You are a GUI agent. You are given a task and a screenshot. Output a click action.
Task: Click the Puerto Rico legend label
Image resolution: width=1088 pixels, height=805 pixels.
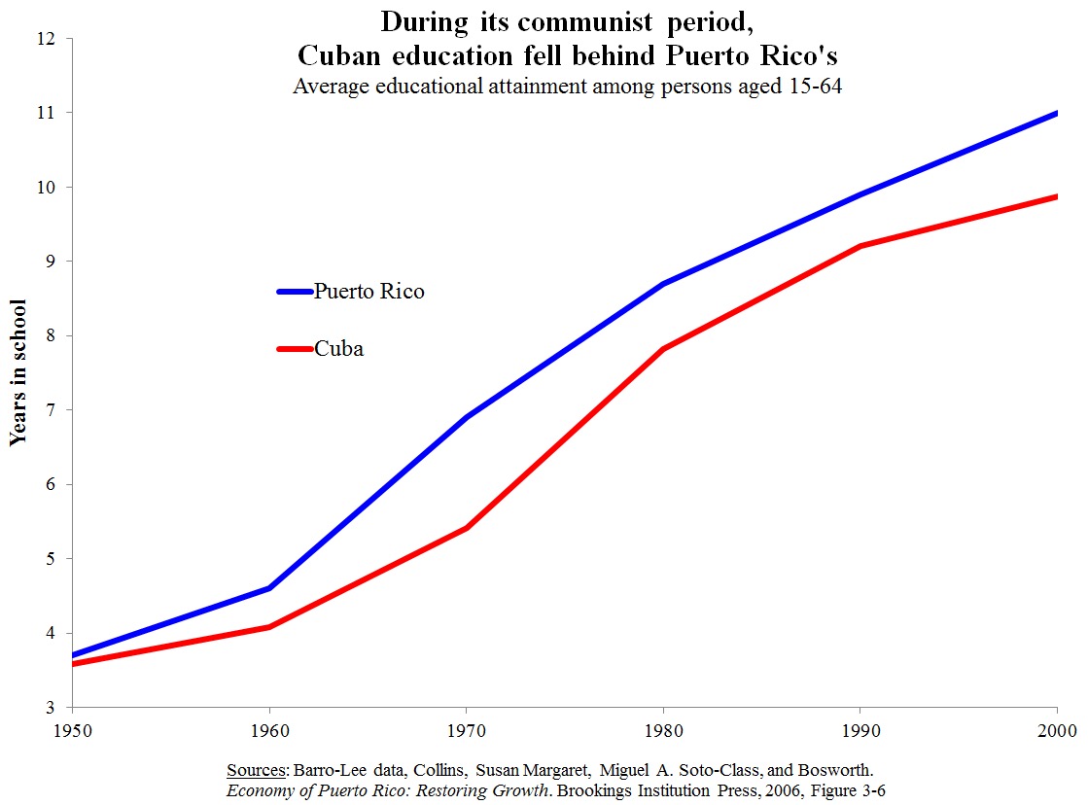point(369,291)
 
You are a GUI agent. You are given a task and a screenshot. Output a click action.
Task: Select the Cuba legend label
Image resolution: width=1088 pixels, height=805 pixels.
point(338,348)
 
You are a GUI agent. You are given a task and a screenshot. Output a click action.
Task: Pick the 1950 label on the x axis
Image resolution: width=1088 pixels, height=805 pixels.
point(72,729)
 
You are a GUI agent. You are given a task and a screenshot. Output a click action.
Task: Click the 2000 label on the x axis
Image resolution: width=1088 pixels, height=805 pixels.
point(1056,729)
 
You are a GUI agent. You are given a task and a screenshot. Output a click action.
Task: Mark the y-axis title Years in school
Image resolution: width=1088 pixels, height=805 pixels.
point(18,371)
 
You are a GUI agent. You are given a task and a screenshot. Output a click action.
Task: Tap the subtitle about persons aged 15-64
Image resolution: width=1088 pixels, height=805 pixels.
point(567,85)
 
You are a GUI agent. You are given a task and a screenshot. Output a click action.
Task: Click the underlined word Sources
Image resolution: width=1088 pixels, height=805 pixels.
point(256,769)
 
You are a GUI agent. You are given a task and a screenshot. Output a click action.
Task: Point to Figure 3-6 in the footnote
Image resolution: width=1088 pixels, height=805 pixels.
point(843,789)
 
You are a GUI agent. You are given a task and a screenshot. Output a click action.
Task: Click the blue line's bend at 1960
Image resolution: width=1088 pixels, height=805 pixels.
point(269,587)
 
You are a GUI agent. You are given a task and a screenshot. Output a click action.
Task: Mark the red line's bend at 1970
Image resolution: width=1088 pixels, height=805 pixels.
point(467,528)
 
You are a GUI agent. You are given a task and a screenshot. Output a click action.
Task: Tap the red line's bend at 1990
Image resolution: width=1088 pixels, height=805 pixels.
point(860,246)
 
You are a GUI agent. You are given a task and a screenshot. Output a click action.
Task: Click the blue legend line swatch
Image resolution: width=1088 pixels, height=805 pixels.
point(294,291)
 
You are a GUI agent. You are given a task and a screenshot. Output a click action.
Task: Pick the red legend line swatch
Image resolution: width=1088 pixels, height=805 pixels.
point(294,348)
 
